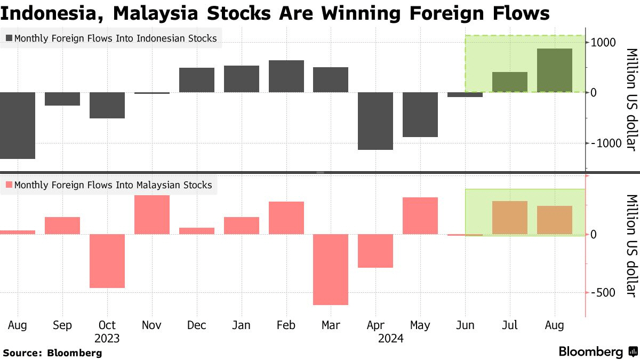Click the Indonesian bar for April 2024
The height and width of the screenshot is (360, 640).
[375, 121]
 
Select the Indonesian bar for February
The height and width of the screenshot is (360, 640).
[286, 76]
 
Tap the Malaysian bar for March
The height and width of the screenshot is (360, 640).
[331, 269]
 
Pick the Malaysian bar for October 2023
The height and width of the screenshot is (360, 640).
[107, 261]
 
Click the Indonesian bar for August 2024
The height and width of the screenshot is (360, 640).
[555, 70]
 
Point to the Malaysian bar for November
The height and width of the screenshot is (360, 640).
[151, 214]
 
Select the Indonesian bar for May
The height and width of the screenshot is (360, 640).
[420, 114]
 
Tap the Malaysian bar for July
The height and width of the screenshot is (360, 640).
[510, 218]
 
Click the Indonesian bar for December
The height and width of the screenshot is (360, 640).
[196, 80]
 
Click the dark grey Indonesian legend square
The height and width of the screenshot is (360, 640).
[9, 38]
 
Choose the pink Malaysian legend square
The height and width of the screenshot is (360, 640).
[9, 185]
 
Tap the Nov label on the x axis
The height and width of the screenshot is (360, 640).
[152, 325]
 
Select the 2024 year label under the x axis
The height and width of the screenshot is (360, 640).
[390, 338]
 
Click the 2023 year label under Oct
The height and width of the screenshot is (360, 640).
[107, 338]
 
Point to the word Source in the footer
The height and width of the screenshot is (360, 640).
[22, 353]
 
